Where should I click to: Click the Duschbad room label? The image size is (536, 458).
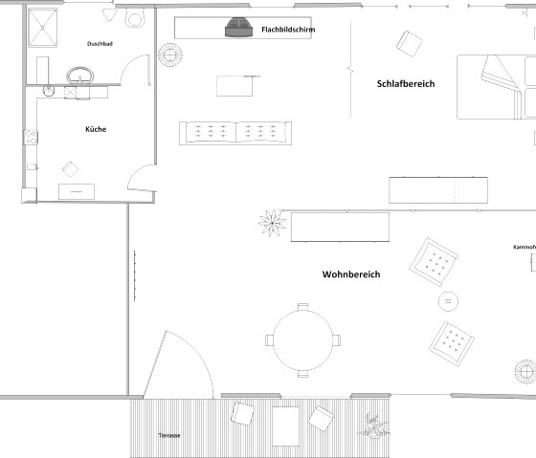pyautogui.click(x=100, y=44)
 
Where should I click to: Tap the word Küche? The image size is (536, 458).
pyautogui.click(x=95, y=128)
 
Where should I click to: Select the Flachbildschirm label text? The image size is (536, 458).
pyautogui.click(x=288, y=30)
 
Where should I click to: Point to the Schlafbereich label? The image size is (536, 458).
pyautogui.click(x=406, y=84)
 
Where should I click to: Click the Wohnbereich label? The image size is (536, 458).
pyautogui.click(x=350, y=274)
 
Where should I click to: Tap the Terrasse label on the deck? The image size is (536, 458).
pyautogui.click(x=169, y=436)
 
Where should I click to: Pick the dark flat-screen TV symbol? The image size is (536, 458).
pyautogui.click(x=238, y=29)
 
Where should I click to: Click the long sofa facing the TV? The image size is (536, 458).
pyautogui.click(x=235, y=133)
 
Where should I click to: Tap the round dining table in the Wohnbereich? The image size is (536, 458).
pyautogui.click(x=303, y=339)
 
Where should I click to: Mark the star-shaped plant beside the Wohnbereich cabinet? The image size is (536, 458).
pyautogui.click(x=271, y=224)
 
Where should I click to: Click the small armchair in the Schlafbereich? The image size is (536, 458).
pyautogui.click(x=412, y=43)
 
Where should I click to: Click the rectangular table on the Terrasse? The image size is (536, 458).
pyautogui.click(x=285, y=421)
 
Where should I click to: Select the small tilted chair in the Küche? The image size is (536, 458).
pyautogui.click(x=71, y=169)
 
